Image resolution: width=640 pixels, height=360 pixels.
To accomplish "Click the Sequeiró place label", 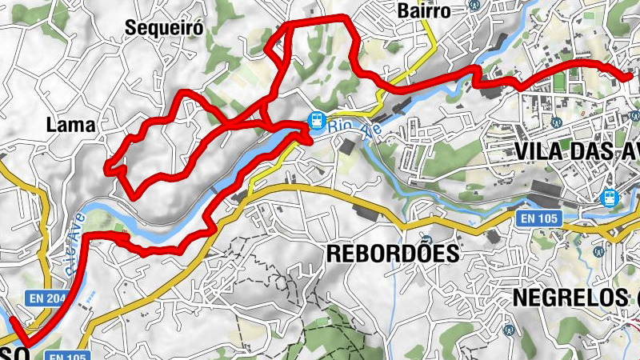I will [165, 28].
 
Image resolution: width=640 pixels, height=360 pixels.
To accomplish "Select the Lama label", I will [71, 126].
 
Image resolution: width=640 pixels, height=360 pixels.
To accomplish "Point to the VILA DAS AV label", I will [576, 152].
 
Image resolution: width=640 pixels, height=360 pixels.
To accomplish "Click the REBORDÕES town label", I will [393, 254].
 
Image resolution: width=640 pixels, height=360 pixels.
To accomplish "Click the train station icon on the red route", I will [318, 121].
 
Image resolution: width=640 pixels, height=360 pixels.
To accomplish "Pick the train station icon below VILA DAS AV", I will [610, 196].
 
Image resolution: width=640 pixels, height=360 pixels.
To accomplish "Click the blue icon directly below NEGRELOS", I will [506, 328].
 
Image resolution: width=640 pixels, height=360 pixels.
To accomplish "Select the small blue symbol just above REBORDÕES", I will [427, 239].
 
